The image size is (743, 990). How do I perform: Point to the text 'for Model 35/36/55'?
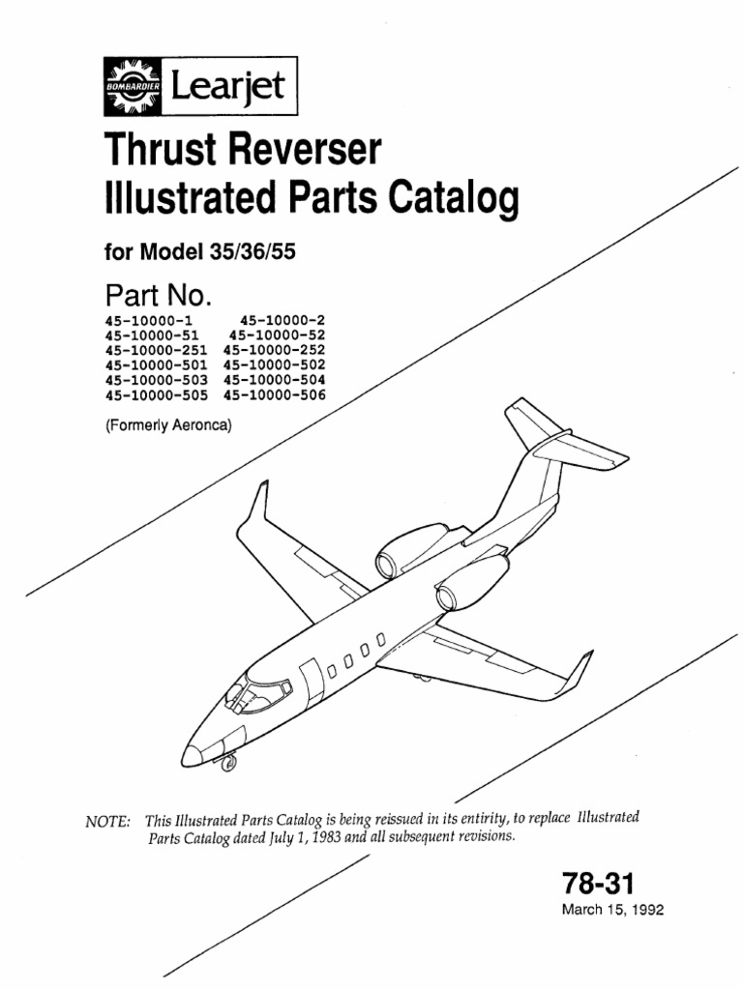[x=198, y=252]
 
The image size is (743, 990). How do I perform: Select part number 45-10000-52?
[x=278, y=335]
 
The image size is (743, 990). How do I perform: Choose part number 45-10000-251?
[x=156, y=350]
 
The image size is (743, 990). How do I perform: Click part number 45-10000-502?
[x=274, y=365]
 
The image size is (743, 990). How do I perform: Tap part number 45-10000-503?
[x=156, y=380]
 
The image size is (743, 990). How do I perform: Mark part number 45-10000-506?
[x=274, y=394]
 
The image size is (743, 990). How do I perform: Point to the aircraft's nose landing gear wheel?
[x=228, y=765]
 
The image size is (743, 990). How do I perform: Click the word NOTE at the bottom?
[x=107, y=821]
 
